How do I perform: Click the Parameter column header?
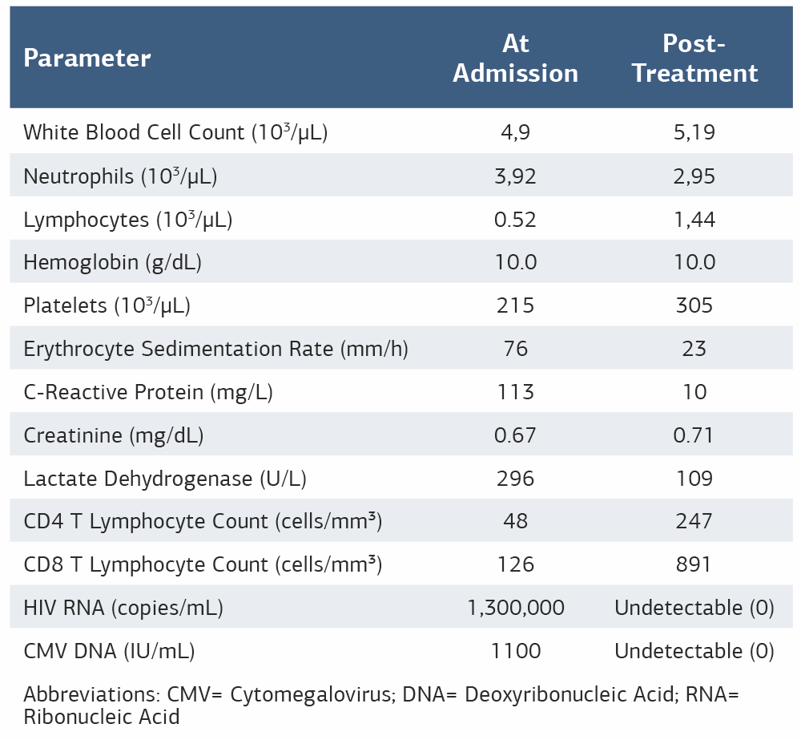click(x=87, y=58)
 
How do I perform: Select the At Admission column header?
click(x=515, y=58)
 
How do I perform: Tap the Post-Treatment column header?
click(x=694, y=58)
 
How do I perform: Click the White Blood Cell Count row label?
click(x=175, y=132)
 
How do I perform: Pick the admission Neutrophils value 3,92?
click(x=515, y=176)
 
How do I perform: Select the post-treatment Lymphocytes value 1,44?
click(x=694, y=219)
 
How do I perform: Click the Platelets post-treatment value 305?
click(x=694, y=305)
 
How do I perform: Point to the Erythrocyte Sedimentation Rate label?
click(x=215, y=349)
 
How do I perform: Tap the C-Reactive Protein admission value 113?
click(x=515, y=392)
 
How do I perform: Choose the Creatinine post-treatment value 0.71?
click(x=694, y=435)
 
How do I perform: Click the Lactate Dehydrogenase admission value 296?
click(x=515, y=479)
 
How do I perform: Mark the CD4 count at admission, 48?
click(x=515, y=521)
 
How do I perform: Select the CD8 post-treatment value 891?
click(x=694, y=564)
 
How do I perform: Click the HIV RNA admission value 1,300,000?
click(x=515, y=608)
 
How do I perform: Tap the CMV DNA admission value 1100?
click(x=515, y=651)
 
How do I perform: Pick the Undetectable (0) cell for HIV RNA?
click(x=694, y=608)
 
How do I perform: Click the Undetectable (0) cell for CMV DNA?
click(x=694, y=651)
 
